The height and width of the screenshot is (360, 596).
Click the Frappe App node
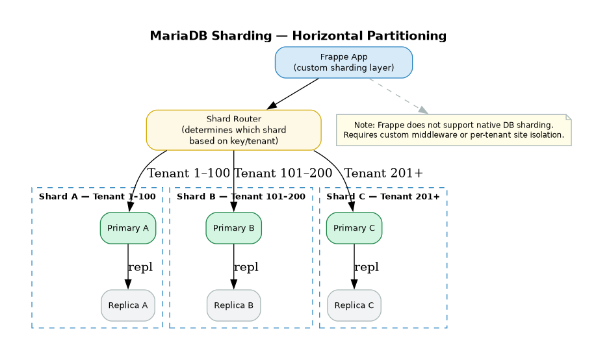coord(343,62)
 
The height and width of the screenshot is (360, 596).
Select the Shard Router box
coord(233,130)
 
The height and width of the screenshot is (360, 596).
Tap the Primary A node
coord(128,228)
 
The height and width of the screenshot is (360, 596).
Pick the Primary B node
coord(233,228)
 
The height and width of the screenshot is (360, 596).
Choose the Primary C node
coord(354,228)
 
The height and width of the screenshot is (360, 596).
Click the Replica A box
coord(128,305)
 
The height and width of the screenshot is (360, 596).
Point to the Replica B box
coord(233,305)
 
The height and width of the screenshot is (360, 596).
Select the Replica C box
coord(354,305)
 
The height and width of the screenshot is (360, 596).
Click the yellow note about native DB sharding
coord(453,130)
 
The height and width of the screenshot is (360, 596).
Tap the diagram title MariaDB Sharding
coord(298,36)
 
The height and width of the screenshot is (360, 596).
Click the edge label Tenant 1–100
coord(188,174)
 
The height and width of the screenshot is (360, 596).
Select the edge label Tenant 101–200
coord(283,174)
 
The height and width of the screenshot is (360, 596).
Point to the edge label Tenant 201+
coord(383,174)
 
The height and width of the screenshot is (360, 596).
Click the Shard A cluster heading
coord(97,197)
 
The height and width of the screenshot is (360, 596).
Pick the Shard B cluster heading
coord(240,197)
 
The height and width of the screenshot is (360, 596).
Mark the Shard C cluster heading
coord(383,197)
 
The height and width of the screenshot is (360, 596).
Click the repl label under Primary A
coord(140,267)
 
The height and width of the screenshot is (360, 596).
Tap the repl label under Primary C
coord(366,267)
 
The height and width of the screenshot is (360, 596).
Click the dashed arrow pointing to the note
coord(398,96)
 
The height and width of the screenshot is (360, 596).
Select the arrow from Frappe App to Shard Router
coord(292,94)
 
